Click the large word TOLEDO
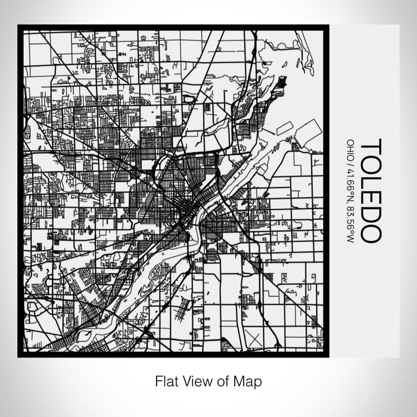coord(370,191)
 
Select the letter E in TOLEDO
coord(370,196)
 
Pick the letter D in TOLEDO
coord(370,213)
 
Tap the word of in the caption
coord(222,380)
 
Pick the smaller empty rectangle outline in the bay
coord(284,128)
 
